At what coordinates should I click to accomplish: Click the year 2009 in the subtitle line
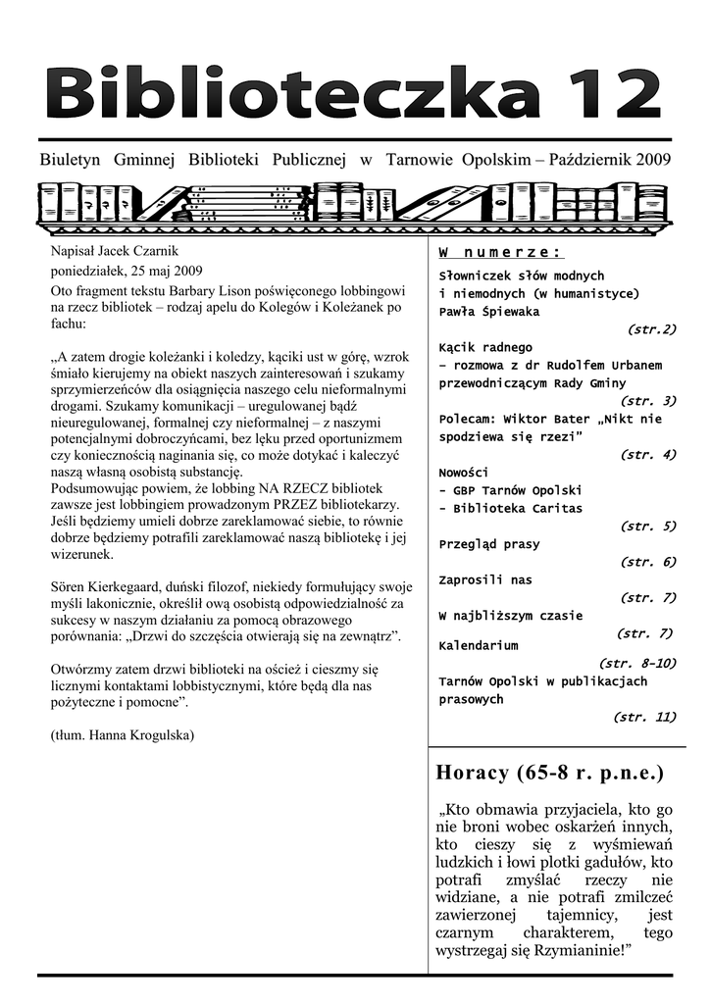[653, 160]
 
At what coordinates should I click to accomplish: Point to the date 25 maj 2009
[158, 271]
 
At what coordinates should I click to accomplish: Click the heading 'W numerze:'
[500, 253]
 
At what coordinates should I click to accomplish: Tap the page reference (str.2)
[651, 329]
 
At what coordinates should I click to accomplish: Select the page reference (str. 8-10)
[636, 664]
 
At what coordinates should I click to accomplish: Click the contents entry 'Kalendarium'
[479, 646]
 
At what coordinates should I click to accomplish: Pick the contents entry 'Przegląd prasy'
[489, 544]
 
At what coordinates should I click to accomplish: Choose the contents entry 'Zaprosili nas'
[485, 579]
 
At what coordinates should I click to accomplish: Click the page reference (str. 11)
[644, 717]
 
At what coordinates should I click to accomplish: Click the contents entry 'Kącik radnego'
[486, 347]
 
